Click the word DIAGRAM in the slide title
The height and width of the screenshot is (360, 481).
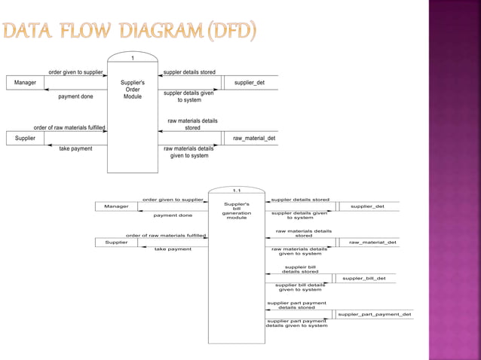click(x=158, y=32)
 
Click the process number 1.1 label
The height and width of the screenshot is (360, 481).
click(x=236, y=191)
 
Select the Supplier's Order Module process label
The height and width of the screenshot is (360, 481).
click(x=133, y=90)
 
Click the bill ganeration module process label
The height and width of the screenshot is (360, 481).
click(x=236, y=210)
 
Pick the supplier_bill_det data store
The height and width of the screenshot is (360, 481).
click(x=364, y=278)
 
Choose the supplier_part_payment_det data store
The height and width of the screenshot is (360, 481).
click(x=374, y=314)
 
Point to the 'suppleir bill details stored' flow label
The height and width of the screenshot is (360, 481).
click(x=300, y=269)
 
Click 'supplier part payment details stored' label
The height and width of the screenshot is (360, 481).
click(x=296, y=305)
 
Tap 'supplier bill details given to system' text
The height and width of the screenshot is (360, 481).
click(x=300, y=287)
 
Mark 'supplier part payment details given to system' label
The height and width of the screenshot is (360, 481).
click(x=296, y=323)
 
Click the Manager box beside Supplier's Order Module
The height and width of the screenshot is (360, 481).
click(x=25, y=83)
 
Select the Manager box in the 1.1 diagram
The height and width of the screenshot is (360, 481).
click(x=116, y=206)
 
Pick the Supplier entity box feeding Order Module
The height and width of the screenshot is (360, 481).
click(x=25, y=139)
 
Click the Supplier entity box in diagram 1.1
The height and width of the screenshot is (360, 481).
click(x=116, y=243)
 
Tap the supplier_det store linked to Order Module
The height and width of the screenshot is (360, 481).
click(x=250, y=83)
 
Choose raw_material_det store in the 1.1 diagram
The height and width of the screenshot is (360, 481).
click(x=372, y=243)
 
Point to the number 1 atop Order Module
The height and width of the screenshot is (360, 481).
click(x=133, y=58)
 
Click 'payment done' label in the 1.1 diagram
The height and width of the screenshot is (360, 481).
click(x=173, y=215)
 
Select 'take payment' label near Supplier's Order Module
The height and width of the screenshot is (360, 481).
click(x=75, y=149)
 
